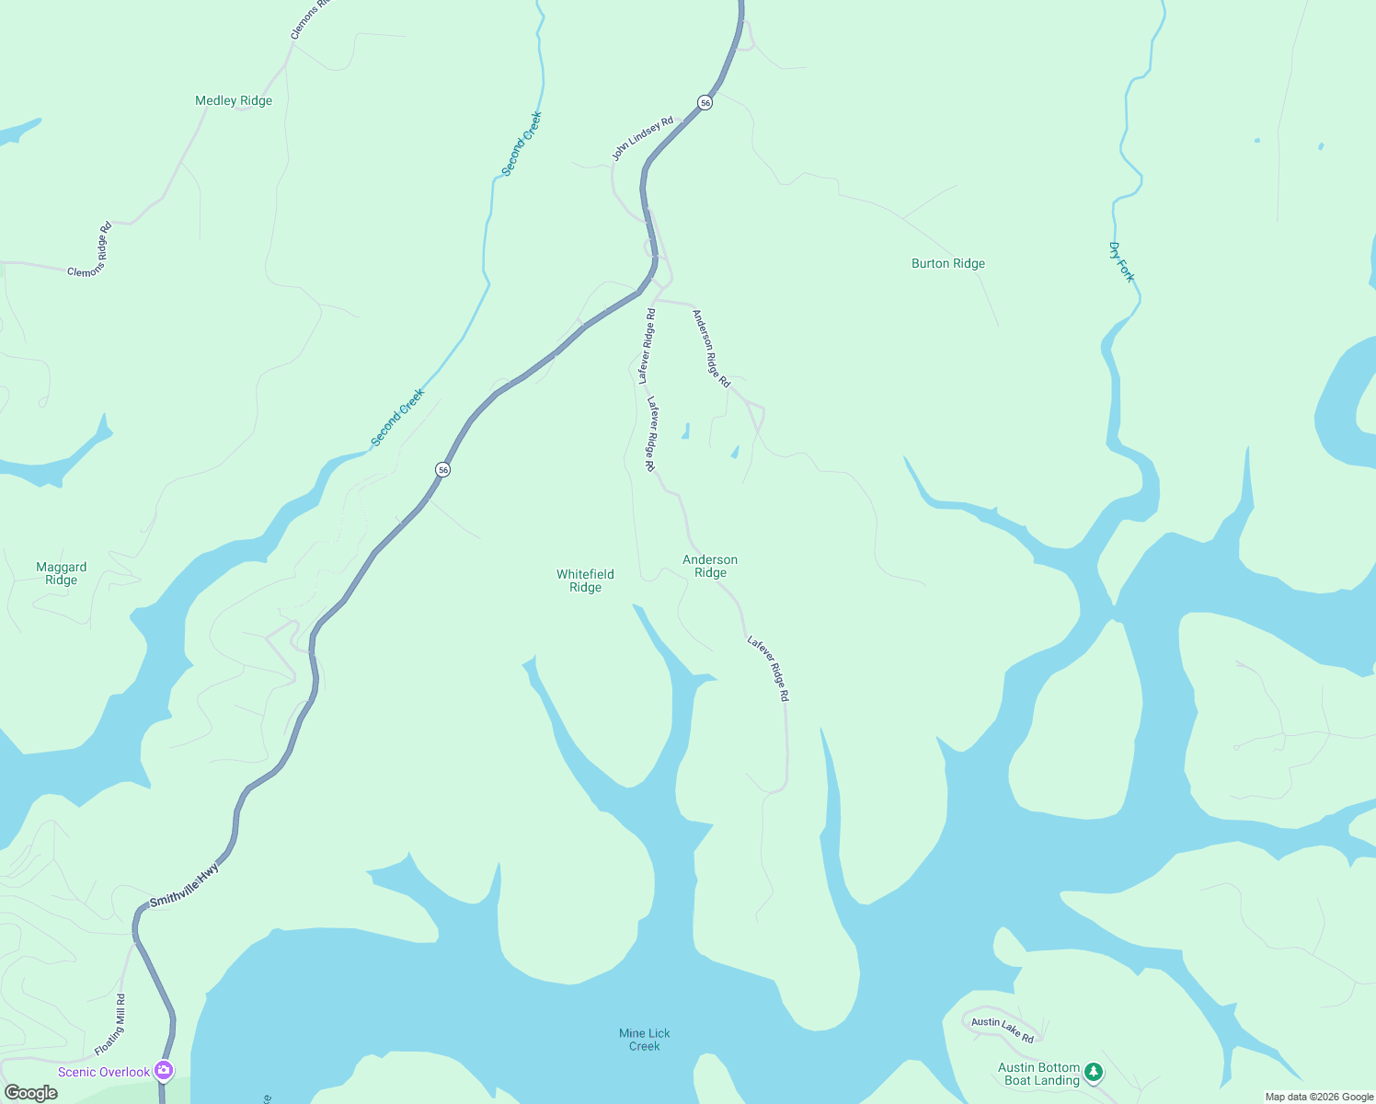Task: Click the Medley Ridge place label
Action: (x=234, y=100)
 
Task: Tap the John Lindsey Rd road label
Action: (x=643, y=138)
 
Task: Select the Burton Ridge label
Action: (x=947, y=263)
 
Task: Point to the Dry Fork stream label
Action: (x=1121, y=262)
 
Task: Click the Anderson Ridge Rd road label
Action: (x=711, y=349)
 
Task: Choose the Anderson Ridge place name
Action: (x=710, y=566)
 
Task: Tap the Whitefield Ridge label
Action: (x=585, y=581)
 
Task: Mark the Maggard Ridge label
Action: (x=62, y=573)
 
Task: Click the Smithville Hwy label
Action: (x=185, y=884)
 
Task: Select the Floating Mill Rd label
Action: (x=110, y=1025)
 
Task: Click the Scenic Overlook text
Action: (x=104, y=1072)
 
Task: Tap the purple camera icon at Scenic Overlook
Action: (x=164, y=1069)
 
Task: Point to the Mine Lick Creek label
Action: (x=644, y=1040)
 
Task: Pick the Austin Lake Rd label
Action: (x=1003, y=1029)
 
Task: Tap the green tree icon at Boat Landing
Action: (x=1093, y=1071)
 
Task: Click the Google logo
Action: (x=30, y=1093)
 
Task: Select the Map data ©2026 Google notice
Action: (x=1319, y=1097)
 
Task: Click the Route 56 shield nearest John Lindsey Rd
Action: (x=705, y=102)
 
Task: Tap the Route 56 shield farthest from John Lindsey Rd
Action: (x=443, y=469)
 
